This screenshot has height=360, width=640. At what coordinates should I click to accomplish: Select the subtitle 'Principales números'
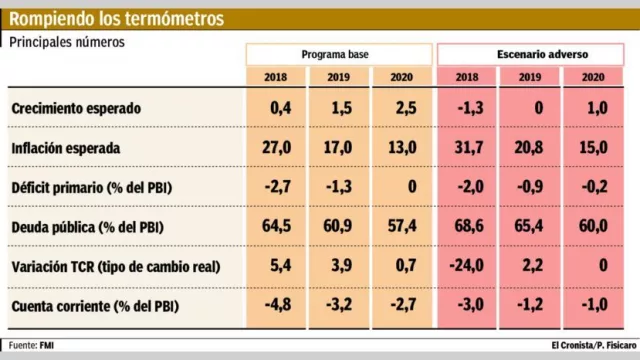click(x=69, y=42)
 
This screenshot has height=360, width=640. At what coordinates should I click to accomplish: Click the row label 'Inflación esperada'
click(x=66, y=148)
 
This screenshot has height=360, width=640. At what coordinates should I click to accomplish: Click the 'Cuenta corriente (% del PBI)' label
click(x=102, y=305)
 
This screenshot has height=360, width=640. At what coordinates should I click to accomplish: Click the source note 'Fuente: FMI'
click(x=32, y=344)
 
